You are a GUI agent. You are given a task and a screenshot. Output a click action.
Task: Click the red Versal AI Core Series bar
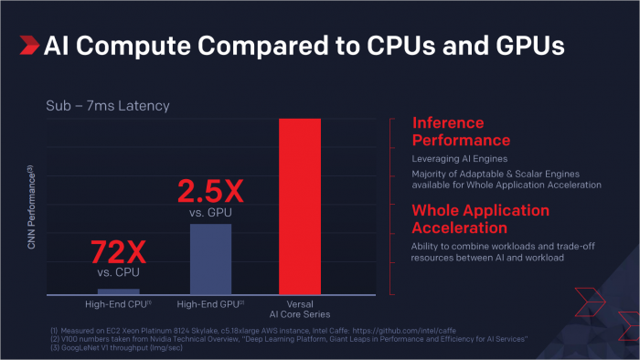tap(299, 206)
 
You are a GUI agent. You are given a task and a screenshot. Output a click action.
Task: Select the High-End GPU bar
tap(209, 259)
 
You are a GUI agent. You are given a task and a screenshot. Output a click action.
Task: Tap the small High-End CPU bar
tap(118, 291)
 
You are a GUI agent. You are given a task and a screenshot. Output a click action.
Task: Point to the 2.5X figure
tap(209, 192)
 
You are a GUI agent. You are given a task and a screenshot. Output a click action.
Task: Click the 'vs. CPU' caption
tap(118, 272)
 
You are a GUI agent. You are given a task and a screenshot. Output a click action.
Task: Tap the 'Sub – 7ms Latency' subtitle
tap(108, 107)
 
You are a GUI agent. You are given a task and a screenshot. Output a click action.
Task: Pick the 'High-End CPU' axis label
tap(119, 303)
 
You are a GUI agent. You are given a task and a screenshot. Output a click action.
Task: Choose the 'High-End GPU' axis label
tap(210, 303)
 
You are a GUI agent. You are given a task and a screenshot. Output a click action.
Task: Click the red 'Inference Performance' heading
tap(461, 132)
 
